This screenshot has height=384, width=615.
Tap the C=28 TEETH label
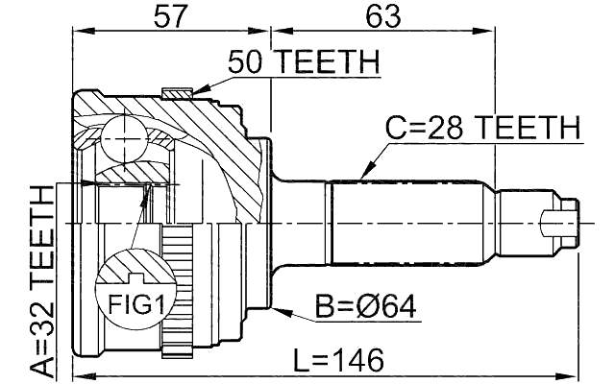[483, 127]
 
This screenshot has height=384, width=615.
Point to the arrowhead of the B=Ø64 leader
[276, 309]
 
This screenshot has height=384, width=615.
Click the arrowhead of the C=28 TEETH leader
[363, 177]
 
